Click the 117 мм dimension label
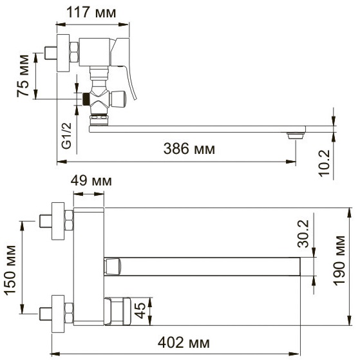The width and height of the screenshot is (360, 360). [91, 13]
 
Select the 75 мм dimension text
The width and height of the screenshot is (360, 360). [23, 76]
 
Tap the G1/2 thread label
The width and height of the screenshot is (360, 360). [67, 136]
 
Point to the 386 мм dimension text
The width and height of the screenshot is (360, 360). [189, 149]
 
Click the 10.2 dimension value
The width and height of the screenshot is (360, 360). [325, 164]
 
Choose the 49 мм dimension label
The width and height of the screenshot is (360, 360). [91, 181]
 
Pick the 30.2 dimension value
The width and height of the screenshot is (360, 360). [303, 234]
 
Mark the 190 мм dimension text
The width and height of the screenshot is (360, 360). [339, 261]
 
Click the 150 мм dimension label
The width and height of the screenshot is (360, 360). [10, 270]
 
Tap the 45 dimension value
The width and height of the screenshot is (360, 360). [140, 310]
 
